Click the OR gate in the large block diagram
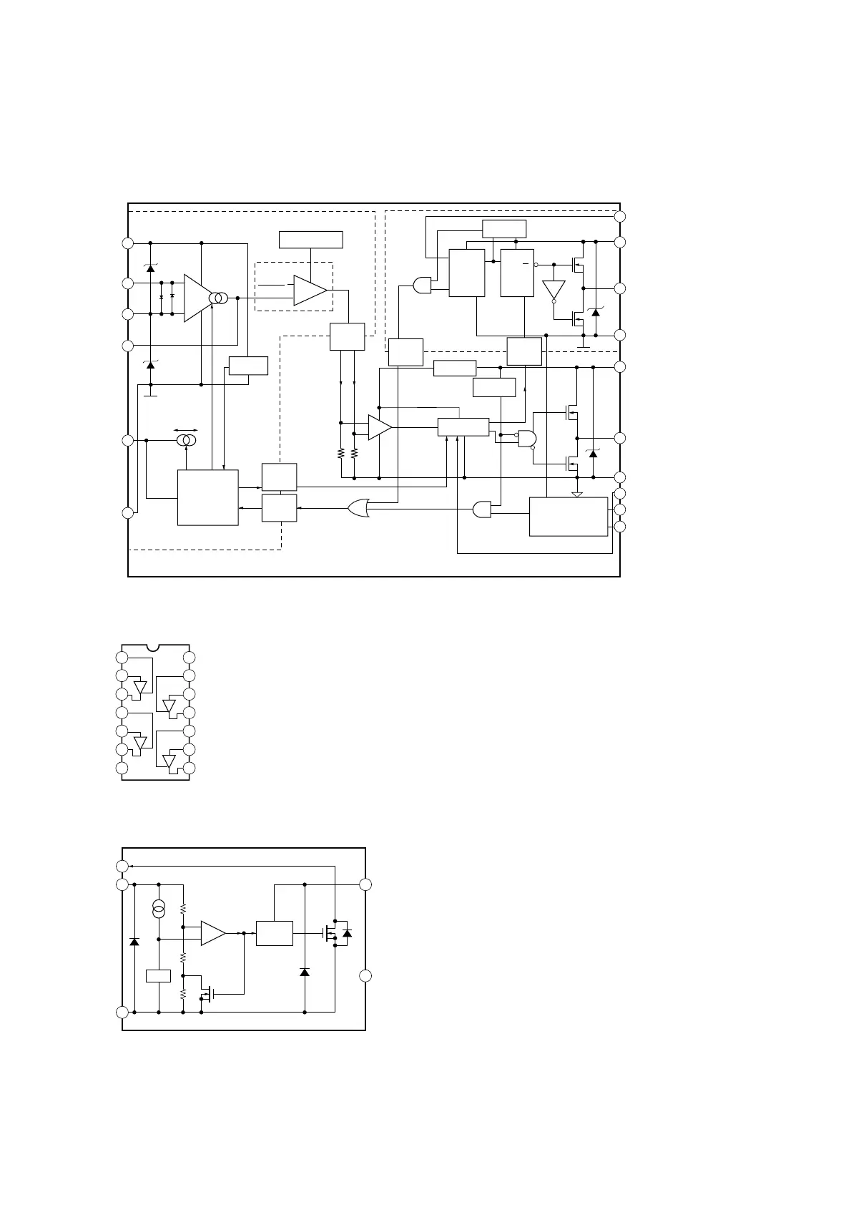(x=358, y=509)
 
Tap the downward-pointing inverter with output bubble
(x=554, y=289)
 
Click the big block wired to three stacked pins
(x=568, y=516)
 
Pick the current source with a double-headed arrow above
(x=187, y=440)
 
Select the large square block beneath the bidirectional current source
(x=207, y=497)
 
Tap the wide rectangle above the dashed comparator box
(x=310, y=240)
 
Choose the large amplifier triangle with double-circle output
(x=197, y=298)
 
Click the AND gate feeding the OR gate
(x=482, y=509)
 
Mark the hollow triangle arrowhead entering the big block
(x=577, y=494)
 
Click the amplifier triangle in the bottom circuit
(x=212, y=933)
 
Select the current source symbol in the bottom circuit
(x=159, y=910)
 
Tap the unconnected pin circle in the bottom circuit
(x=365, y=976)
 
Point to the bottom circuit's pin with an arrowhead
(x=122, y=867)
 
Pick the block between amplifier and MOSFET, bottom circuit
(x=274, y=933)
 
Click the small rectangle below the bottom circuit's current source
(x=158, y=975)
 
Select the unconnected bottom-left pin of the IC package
(x=122, y=768)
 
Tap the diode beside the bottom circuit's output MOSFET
(x=348, y=933)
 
